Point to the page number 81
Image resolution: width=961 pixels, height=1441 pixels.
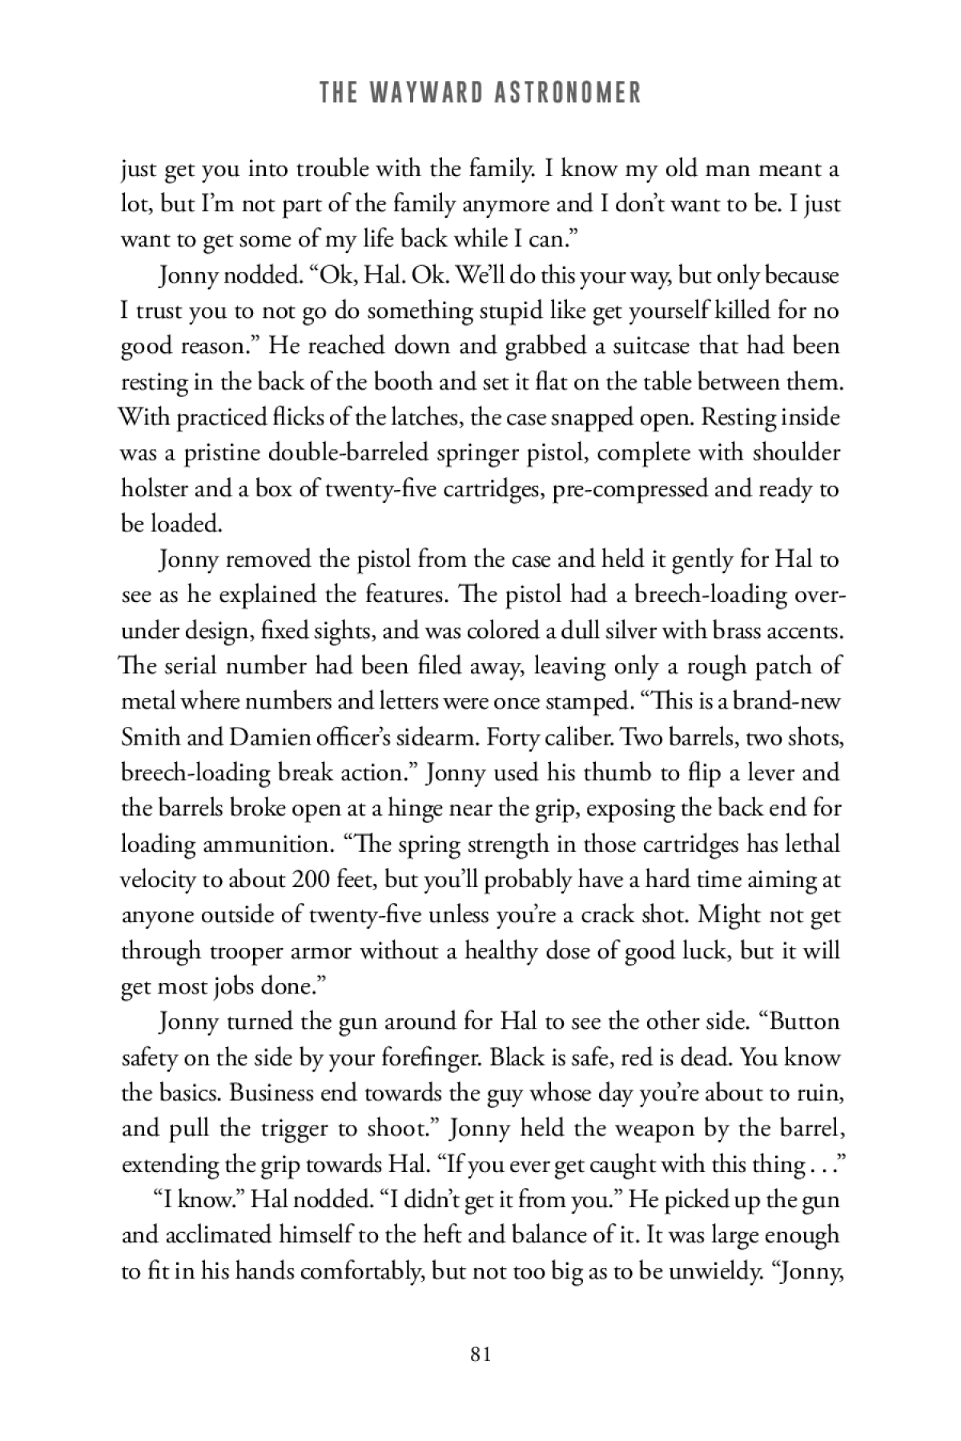tap(480, 1355)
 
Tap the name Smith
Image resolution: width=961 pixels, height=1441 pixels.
tap(150, 737)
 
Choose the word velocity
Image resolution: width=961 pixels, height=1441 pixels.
tap(157, 879)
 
